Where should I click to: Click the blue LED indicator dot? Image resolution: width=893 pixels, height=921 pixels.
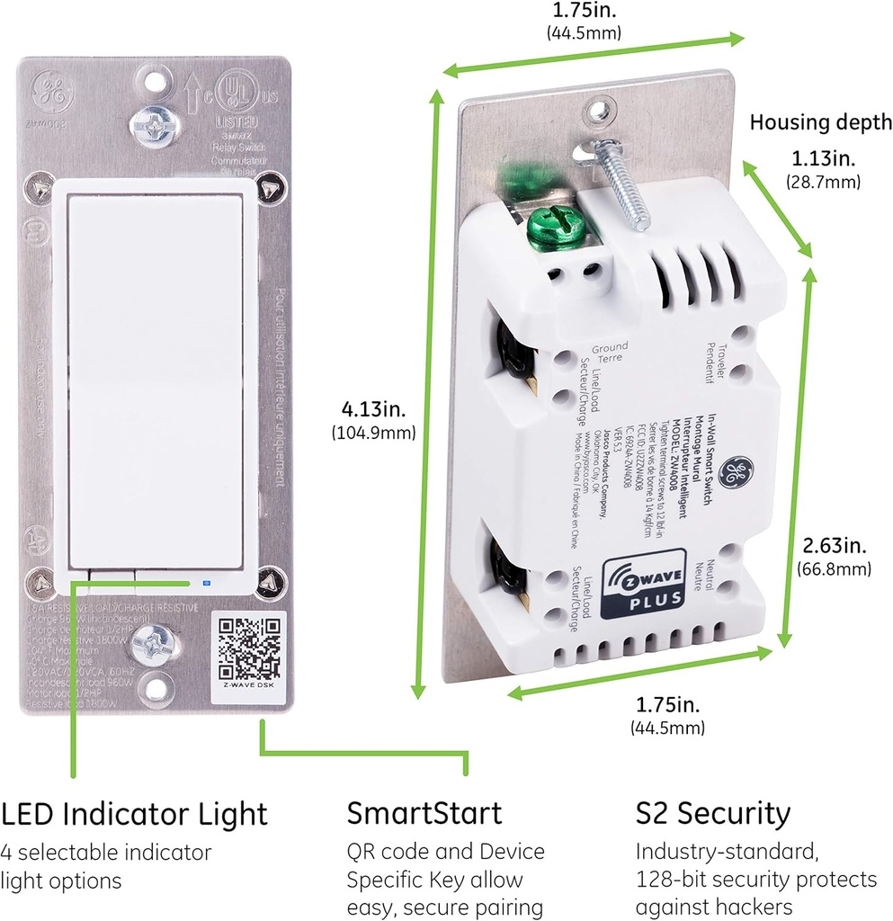(x=207, y=582)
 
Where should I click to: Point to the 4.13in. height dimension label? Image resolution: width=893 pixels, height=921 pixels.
(x=372, y=410)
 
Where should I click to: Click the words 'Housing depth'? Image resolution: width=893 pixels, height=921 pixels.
(x=820, y=122)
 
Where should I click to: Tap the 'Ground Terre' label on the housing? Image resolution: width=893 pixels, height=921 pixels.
(x=610, y=351)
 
